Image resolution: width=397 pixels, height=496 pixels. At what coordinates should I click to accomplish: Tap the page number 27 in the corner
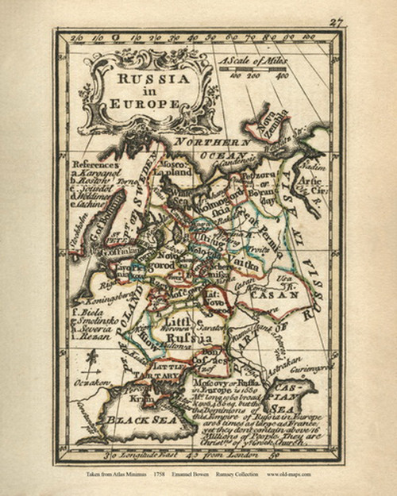tap(336, 22)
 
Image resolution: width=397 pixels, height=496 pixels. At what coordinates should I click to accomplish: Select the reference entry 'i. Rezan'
tap(86, 336)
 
